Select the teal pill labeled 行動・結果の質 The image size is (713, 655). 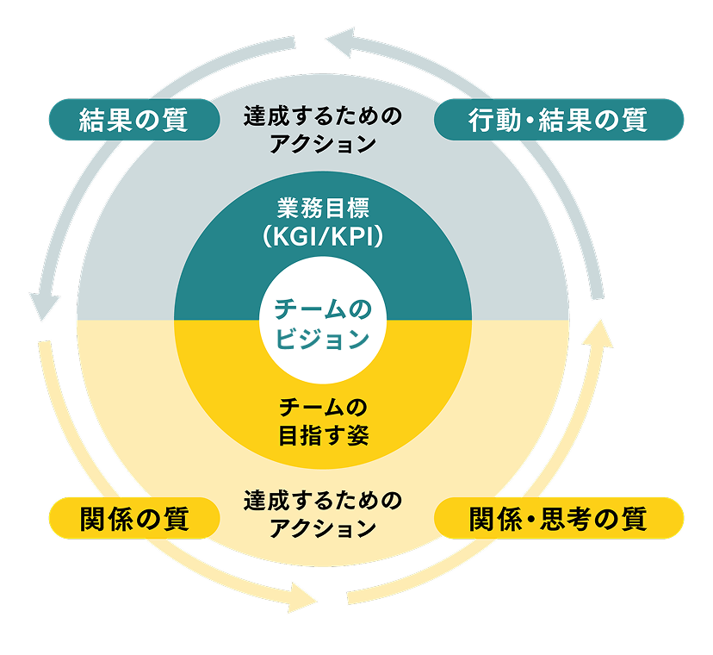(x=558, y=120)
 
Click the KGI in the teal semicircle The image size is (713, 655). (x=294, y=237)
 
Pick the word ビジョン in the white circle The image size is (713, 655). (x=322, y=339)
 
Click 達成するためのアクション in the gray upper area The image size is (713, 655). (x=322, y=129)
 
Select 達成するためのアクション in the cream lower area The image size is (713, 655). (x=322, y=513)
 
